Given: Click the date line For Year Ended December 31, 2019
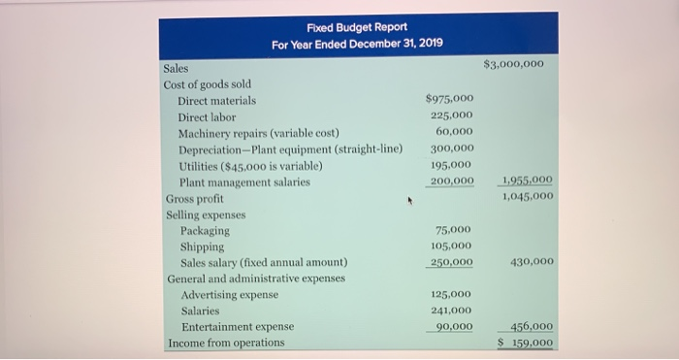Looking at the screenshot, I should pos(356,45).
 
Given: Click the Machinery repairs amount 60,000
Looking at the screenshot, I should pos(455,131).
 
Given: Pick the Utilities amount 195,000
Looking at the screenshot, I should pos(452,165).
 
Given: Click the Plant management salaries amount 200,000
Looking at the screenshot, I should pos(452,181).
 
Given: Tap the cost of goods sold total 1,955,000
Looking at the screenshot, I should pos(524,181).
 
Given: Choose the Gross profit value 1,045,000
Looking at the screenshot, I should pos(524,196).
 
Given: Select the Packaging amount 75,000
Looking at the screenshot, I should pos(454,230).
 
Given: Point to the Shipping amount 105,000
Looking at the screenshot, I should pos(452,246).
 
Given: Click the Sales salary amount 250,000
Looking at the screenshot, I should pos(452,262).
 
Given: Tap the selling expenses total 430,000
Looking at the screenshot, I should pos(530,262).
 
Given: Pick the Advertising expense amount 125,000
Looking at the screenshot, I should pos(452,293).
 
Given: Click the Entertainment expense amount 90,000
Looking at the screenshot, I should pos(455,327).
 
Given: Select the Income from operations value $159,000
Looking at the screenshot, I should pos(524,343).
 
